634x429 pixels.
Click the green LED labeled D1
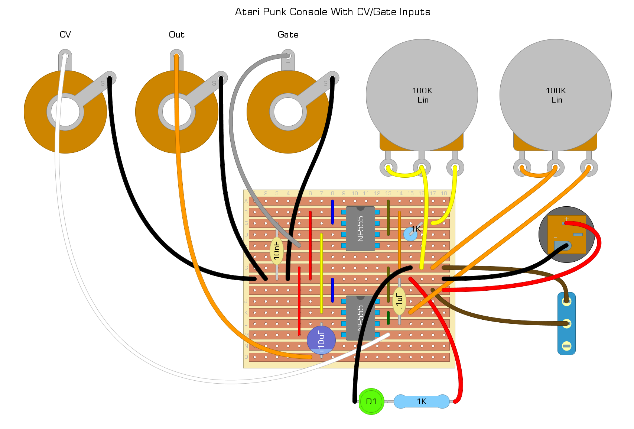(x=371, y=401)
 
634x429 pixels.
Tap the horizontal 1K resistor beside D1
(x=421, y=401)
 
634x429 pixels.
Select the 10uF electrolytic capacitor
(x=321, y=340)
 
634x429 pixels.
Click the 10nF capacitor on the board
(x=277, y=251)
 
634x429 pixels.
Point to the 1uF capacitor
(x=399, y=300)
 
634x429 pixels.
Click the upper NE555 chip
(x=360, y=229)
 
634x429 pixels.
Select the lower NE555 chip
(x=360, y=318)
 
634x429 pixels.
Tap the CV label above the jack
(x=65, y=35)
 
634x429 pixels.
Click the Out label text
(x=176, y=35)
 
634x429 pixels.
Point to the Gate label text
(x=288, y=35)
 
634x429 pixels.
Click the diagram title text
(x=332, y=12)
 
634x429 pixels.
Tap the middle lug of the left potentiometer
(x=422, y=167)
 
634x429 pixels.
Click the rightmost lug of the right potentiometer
(x=589, y=167)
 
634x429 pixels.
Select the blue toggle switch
(x=566, y=323)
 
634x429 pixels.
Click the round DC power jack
(x=566, y=235)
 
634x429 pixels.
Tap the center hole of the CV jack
(x=65, y=112)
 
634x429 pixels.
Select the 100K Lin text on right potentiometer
(x=556, y=95)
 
